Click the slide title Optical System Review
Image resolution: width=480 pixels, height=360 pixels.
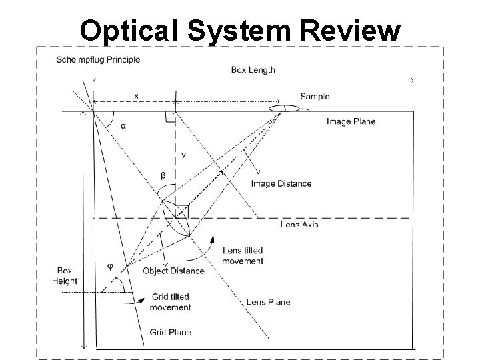(240, 29)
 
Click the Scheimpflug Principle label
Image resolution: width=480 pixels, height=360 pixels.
(98, 59)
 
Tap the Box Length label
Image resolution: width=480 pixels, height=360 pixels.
(253, 69)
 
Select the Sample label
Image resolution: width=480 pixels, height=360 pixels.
(315, 97)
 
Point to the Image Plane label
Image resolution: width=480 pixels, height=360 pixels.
(351, 121)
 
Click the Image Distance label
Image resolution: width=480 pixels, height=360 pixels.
(281, 183)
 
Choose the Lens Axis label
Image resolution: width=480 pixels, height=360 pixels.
(299, 224)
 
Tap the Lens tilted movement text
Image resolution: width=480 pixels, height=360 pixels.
(243, 256)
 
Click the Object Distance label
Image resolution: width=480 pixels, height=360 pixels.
(173, 271)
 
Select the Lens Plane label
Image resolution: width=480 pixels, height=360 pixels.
(268, 302)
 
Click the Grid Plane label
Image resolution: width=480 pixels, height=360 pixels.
(169, 332)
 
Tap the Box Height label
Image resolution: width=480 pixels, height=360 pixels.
(65, 276)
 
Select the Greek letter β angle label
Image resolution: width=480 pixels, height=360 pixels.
(163, 175)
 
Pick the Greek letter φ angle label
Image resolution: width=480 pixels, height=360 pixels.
(111, 266)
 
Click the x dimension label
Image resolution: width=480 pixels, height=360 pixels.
(136, 96)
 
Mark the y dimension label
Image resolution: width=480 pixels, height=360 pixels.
(183, 155)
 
